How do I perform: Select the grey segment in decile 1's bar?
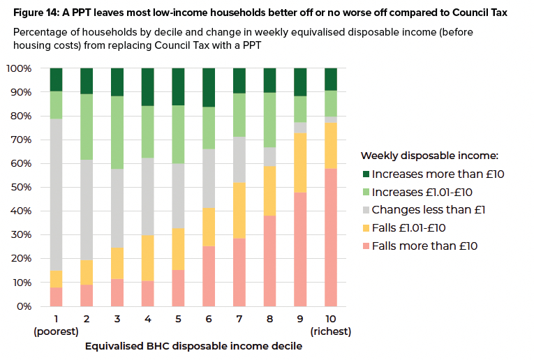coord(56,194)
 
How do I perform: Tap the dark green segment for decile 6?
coord(209,87)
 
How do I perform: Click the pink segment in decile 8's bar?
coord(270,261)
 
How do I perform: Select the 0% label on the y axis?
coord(24,306)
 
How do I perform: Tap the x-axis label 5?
coord(178,320)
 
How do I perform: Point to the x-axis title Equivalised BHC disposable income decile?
coord(193,346)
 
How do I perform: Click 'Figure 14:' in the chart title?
coord(36,12)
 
